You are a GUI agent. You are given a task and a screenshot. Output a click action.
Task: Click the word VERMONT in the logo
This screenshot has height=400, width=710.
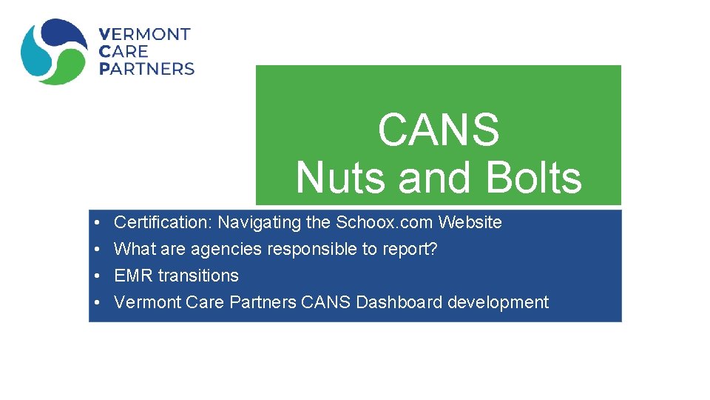145,35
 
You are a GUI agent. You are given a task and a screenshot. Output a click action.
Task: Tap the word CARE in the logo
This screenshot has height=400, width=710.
124,52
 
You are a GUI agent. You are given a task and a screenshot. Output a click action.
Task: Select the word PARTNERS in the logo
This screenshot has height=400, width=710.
146,69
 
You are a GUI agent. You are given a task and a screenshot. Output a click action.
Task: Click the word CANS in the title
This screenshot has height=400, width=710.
439,130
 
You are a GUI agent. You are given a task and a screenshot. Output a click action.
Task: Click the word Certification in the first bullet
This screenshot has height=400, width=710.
163,222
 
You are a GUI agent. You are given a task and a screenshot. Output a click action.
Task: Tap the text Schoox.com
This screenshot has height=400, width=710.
385,222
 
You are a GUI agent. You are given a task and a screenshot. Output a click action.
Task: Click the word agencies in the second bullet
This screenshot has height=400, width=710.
226,249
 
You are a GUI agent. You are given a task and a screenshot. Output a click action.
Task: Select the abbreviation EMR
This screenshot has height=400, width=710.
134,276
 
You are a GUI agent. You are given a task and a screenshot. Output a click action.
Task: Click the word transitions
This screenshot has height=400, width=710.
198,276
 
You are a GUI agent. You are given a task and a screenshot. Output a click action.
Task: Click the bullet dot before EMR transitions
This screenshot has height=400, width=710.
98,276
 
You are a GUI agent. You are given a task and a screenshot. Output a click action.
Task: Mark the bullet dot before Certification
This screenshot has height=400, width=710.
98,223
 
